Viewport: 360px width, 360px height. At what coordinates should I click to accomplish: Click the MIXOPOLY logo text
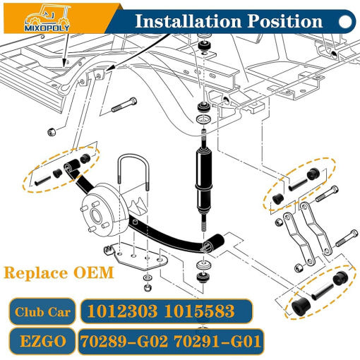tap(47, 28)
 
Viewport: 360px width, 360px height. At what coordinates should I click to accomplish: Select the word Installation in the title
tap(188, 21)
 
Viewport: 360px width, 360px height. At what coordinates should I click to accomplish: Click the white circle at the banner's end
tap(345, 22)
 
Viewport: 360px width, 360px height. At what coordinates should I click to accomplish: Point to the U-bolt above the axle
tap(133, 157)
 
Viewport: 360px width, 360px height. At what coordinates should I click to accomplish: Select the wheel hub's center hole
tap(96, 215)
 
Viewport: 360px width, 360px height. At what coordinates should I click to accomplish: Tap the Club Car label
tap(42, 312)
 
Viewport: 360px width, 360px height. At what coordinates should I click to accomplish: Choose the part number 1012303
tap(122, 311)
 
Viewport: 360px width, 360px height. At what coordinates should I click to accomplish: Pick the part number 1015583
tap(199, 311)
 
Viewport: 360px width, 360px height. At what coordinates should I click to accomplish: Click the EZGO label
tap(43, 342)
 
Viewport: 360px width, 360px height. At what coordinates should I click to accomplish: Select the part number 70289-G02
tap(124, 342)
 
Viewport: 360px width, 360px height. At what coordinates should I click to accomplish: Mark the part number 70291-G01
tap(217, 342)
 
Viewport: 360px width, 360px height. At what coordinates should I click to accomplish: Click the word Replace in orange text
tap(36, 273)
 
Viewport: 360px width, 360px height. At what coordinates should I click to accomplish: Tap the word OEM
tap(94, 273)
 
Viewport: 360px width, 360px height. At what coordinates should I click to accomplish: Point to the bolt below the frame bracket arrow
tap(124, 104)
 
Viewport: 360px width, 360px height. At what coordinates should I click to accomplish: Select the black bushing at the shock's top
tap(204, 45)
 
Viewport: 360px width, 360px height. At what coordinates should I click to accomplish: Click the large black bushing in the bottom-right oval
tap(301, 306)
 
